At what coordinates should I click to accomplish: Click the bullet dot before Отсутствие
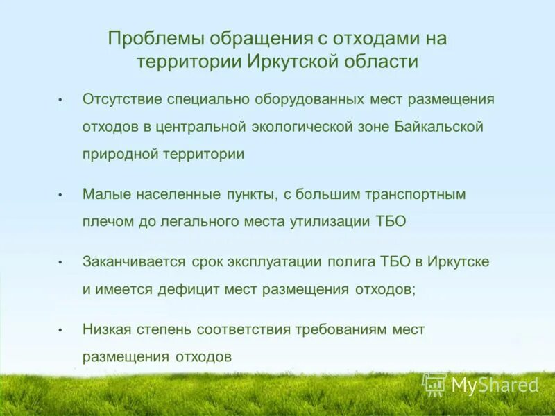coord(61,100)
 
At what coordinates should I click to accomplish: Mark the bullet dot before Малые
coord(61,196)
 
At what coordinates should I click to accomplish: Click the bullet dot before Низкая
coord(61,331)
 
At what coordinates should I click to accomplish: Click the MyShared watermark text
coord(495,385)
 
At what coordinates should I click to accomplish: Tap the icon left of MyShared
coord(434,385)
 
